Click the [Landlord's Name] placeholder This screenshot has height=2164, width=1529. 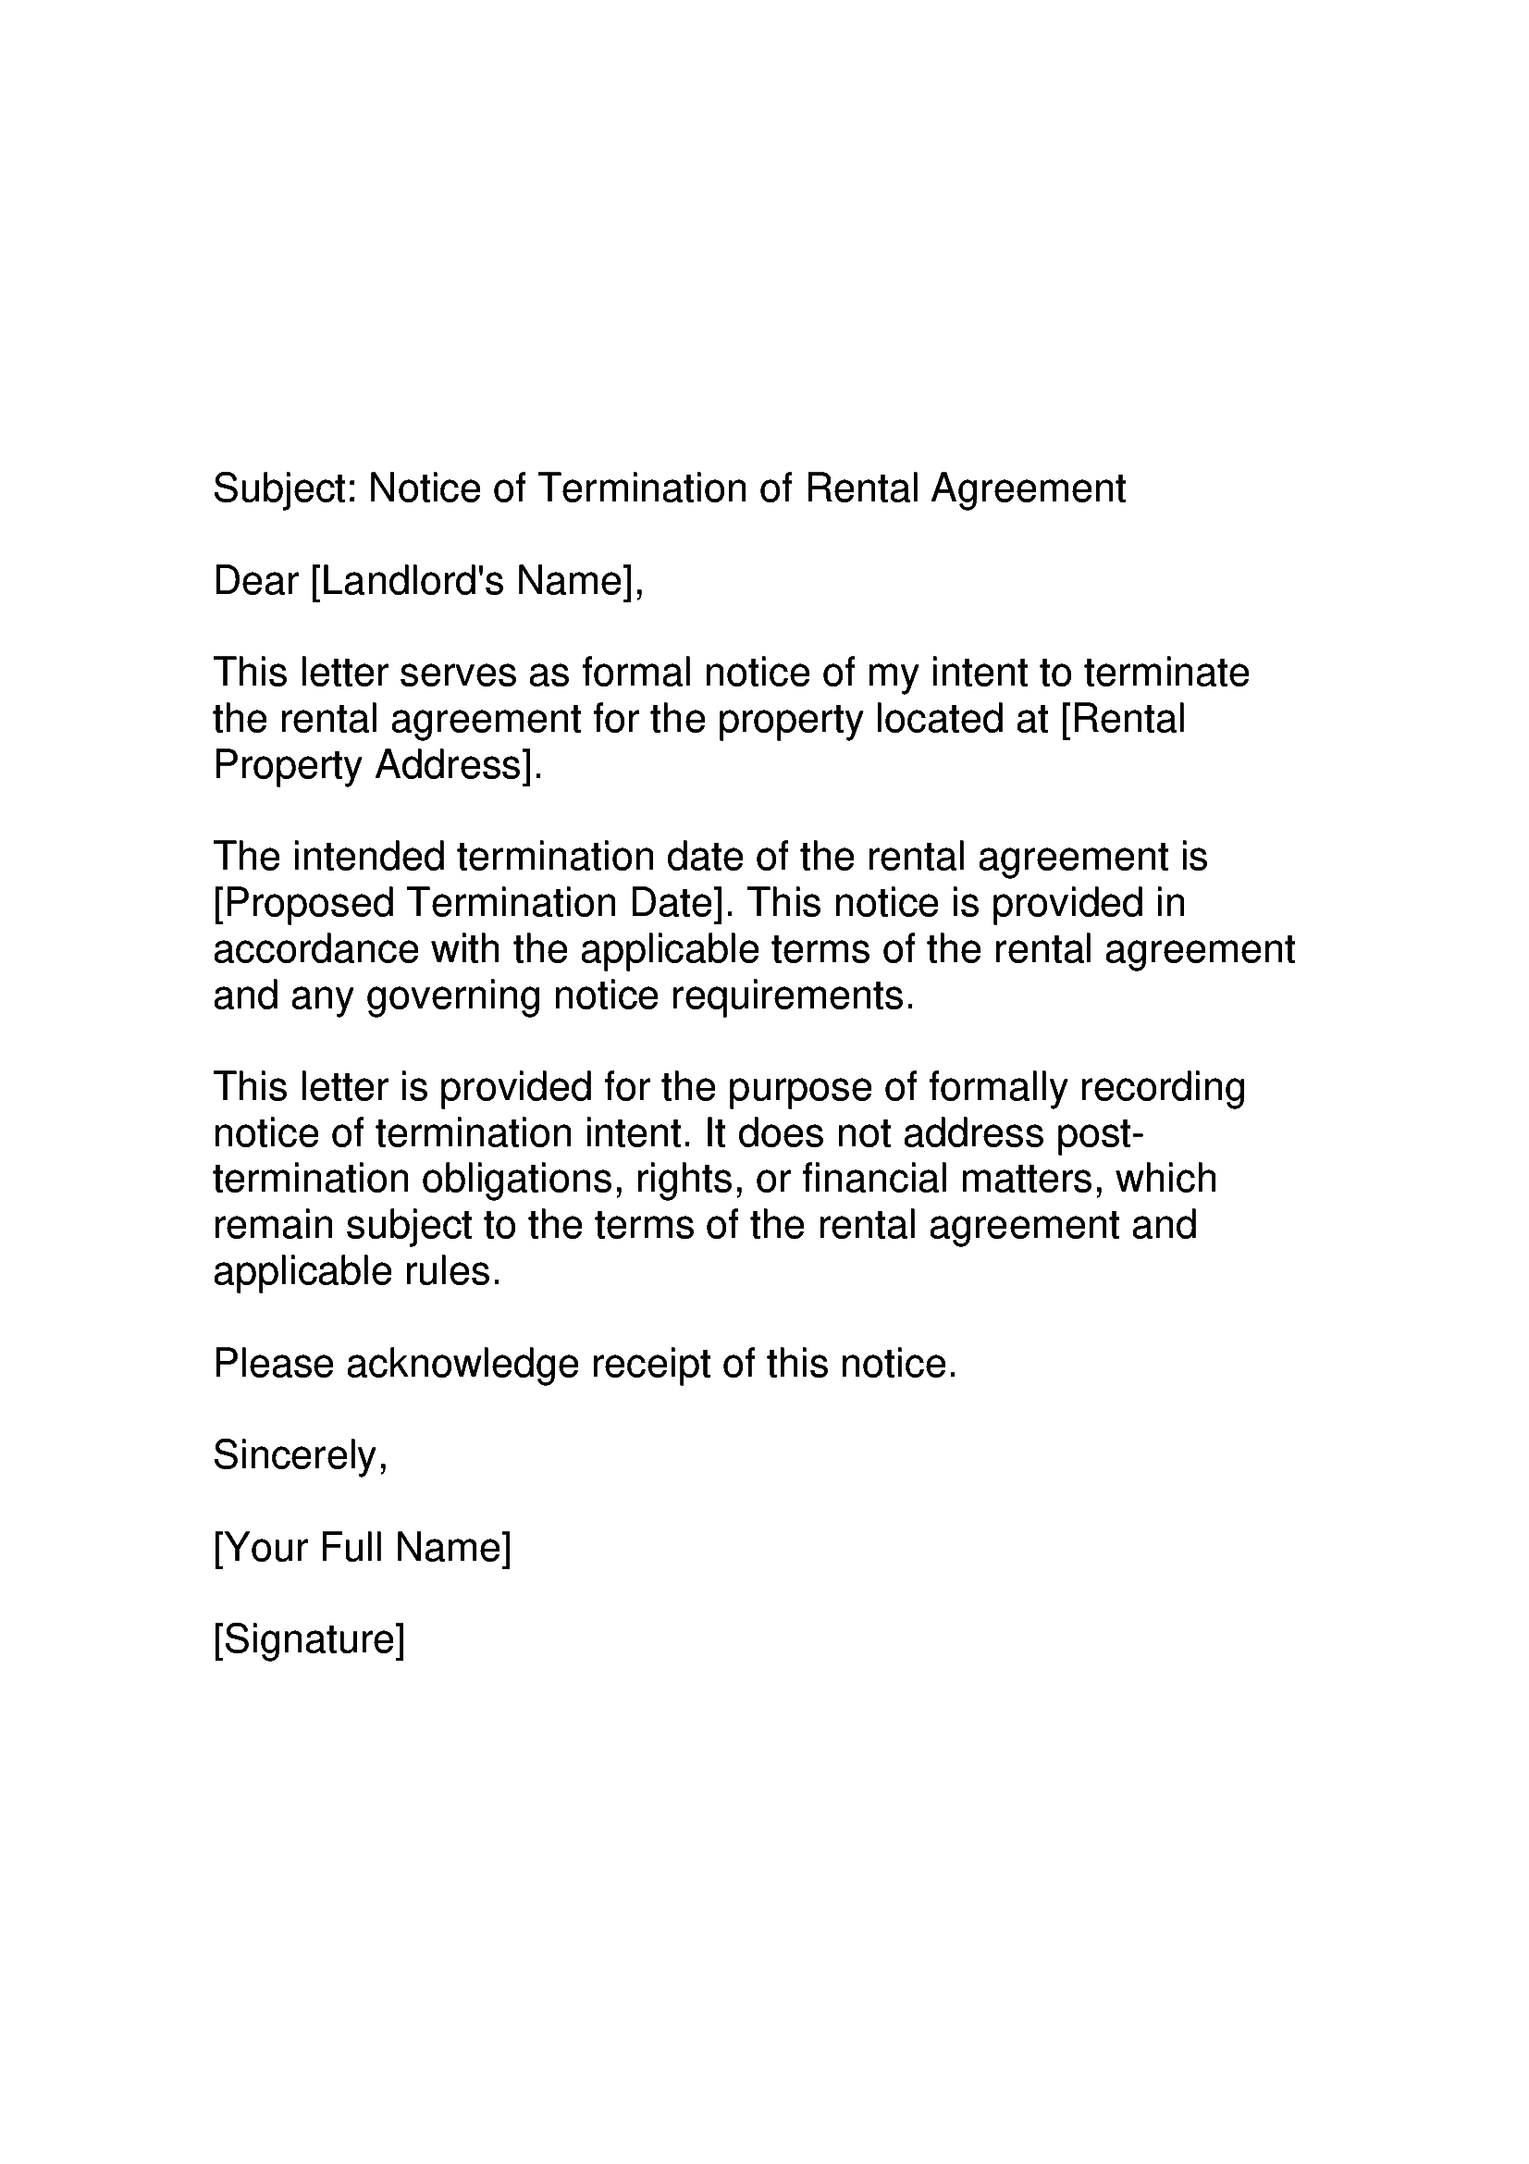475,581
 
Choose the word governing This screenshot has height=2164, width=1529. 453,995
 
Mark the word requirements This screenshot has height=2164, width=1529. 792,995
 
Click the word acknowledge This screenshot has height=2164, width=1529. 462,1364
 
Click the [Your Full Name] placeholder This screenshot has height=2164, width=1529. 362,1548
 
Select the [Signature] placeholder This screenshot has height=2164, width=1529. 309,1640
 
